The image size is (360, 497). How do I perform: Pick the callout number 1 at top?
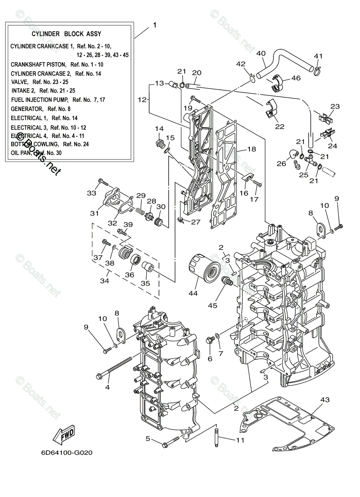point(155,25)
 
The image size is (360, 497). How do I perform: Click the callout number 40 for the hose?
point(261,53)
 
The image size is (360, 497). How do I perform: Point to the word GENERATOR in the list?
point(27,109)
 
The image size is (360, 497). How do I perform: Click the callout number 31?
point(94,213)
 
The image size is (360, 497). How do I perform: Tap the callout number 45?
point(213,306)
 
